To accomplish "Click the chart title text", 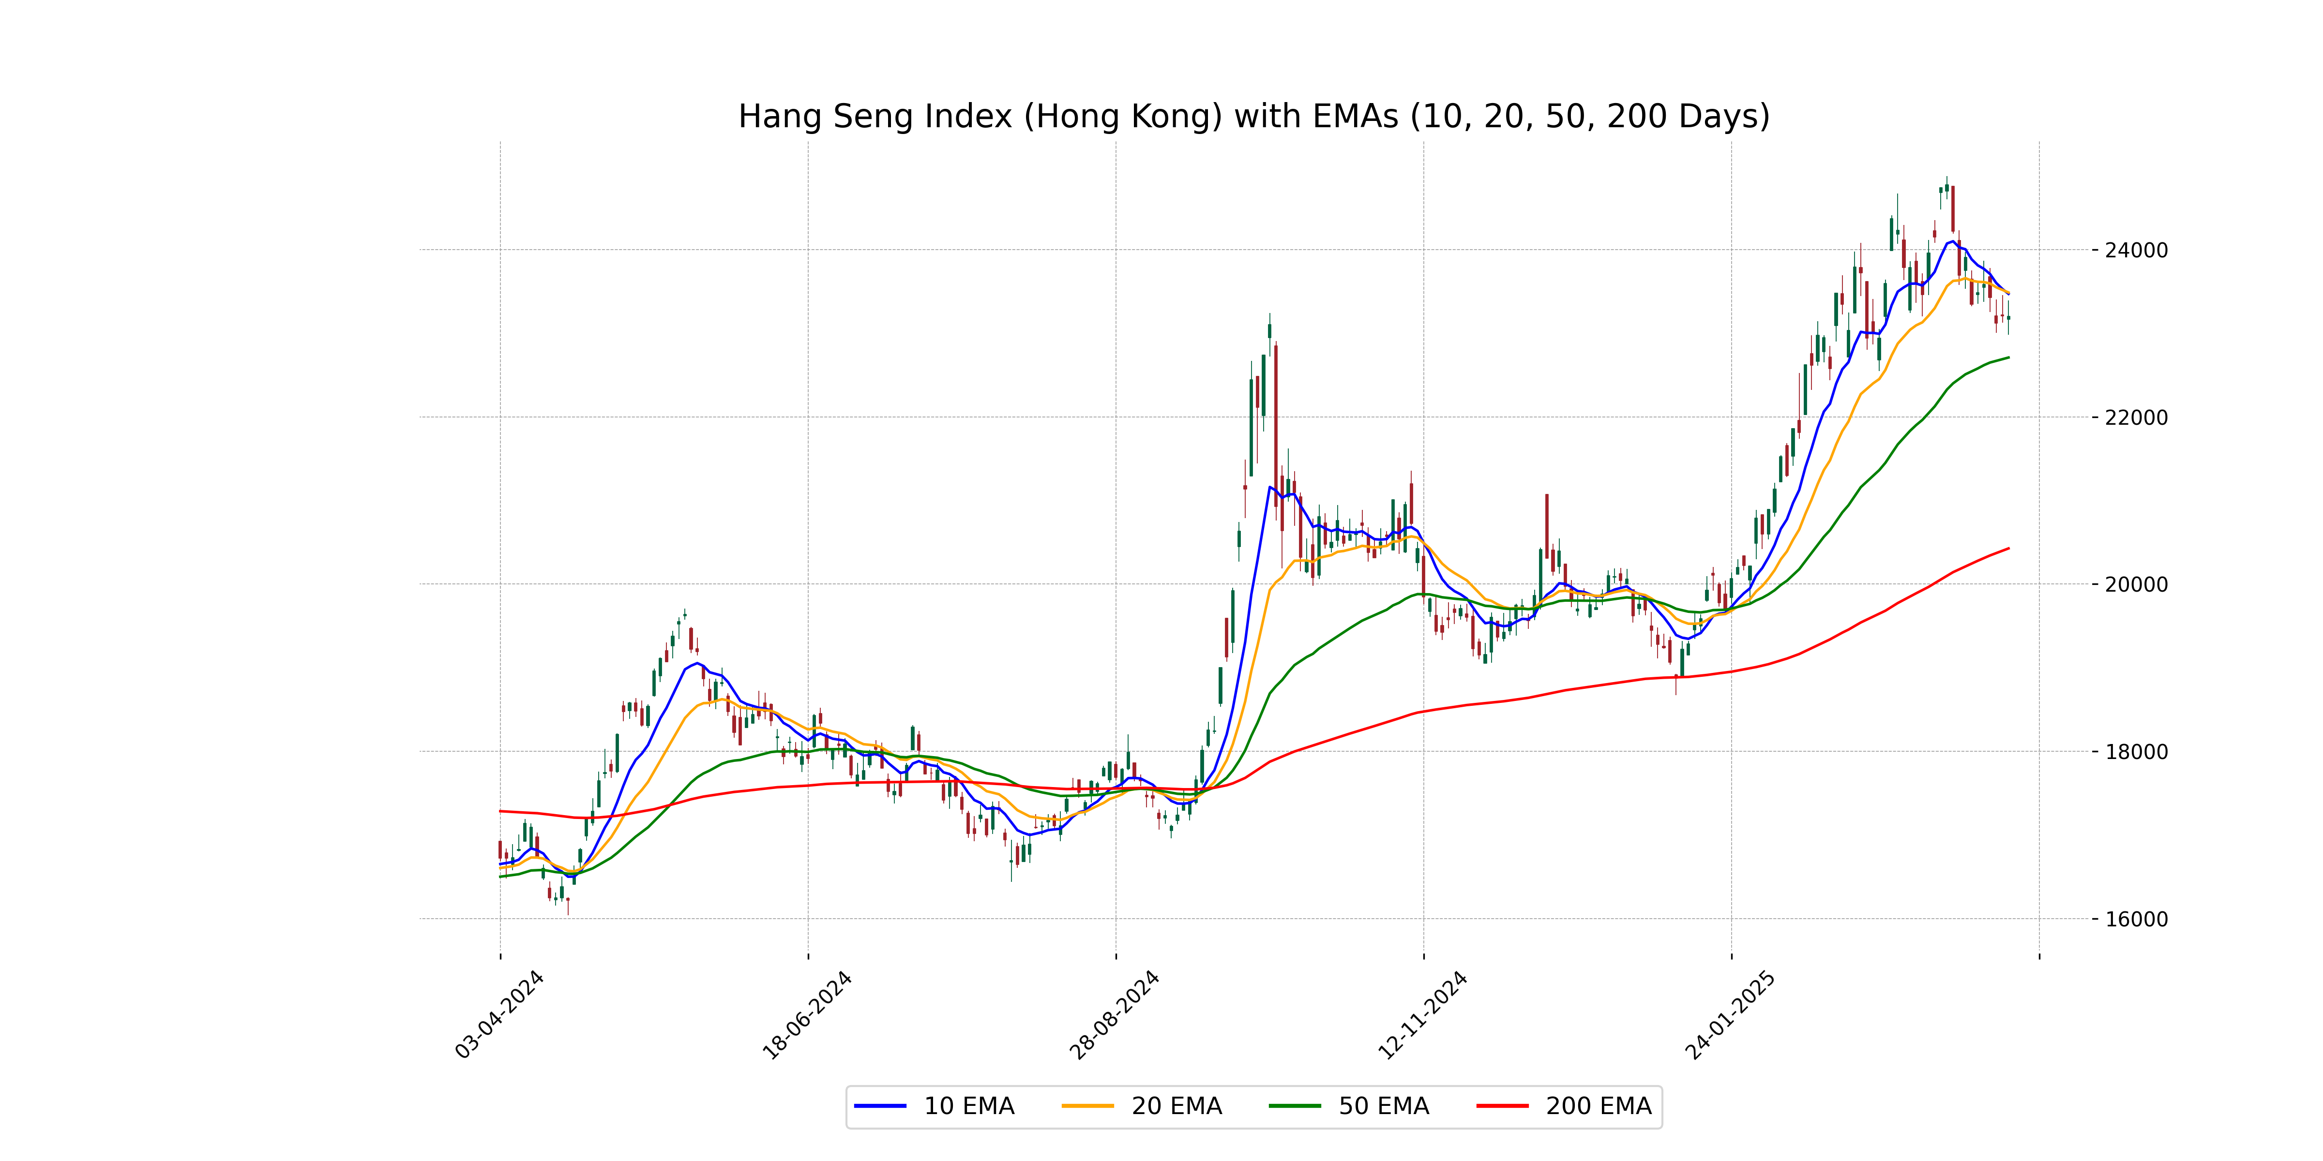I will pyautogui.click(x=1253, y=116).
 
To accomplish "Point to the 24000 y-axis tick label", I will pyautogui.click(x=2135, y=251).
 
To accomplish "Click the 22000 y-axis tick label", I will pyautogui.click(x=2135, y=417).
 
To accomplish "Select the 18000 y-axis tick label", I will pyautogui.click(x=2135, y=752).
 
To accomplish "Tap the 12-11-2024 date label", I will pyautogui.click(x=1423, y=1015).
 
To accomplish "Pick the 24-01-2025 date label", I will pyautogui.click(x=1731, y=1015).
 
